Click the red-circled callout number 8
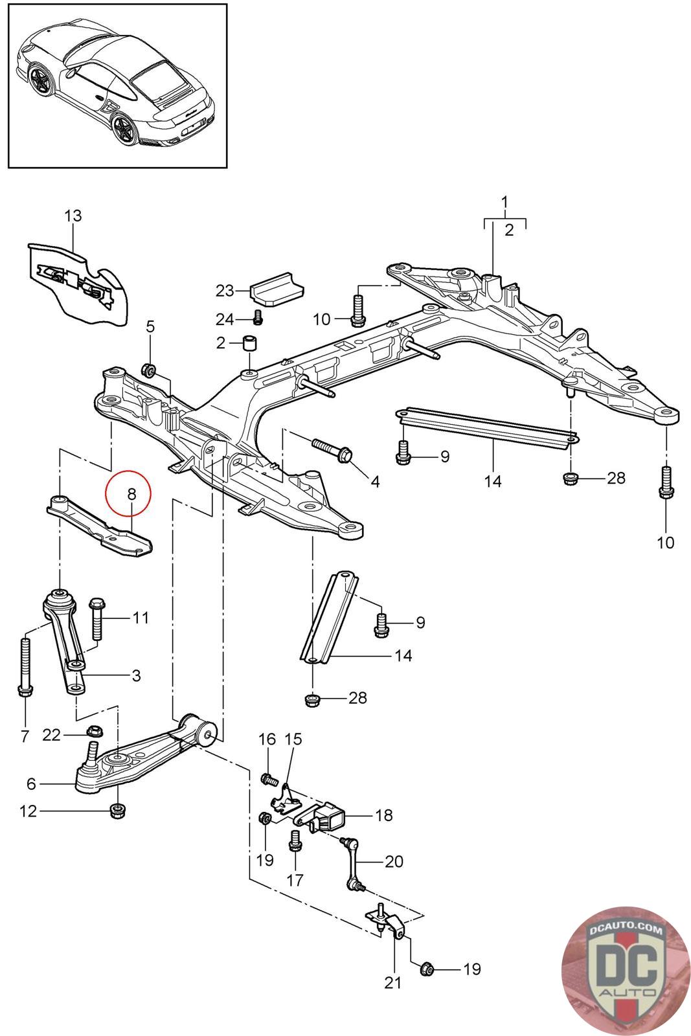click(x=132, y=494)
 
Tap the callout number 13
click(x=73, y=216)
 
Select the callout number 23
click(x=225, y=291)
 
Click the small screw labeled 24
click(x=258, y=317)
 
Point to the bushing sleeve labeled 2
click(x=250, y=344)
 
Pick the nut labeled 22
click(x=95, y=731)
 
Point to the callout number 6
click(x=32, y=783)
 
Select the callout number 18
click(x=384, y=815)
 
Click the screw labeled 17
click(x=295, y=840)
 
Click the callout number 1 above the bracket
click(x=504, y=202)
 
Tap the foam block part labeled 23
click(x=276, y=289)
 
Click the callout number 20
click(x=394, y=861)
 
